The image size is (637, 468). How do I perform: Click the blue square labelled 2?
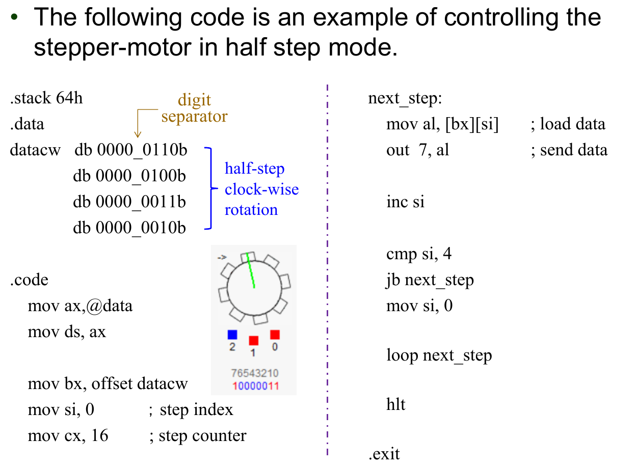[232, 335]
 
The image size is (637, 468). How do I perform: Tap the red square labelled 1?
[254, 340]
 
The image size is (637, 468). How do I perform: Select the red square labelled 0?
[275, 335]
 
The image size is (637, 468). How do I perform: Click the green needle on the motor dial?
[251, 270]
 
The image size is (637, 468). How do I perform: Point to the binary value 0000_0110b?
[142, 150]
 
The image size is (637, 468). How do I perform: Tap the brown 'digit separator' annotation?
[194, 108]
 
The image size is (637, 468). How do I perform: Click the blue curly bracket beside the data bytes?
[208, 189]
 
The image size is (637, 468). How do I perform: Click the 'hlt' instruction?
[396, 405]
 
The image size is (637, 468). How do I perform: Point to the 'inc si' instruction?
[405, 202]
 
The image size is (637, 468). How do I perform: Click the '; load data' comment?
[568, 124]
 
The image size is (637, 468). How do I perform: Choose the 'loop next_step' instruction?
[439, 355]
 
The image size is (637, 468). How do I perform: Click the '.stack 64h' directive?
[46, 98]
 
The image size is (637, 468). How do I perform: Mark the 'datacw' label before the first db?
[35, 150]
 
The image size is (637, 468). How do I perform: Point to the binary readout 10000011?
[255, 386]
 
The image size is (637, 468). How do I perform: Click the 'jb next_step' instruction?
[430, 280]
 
